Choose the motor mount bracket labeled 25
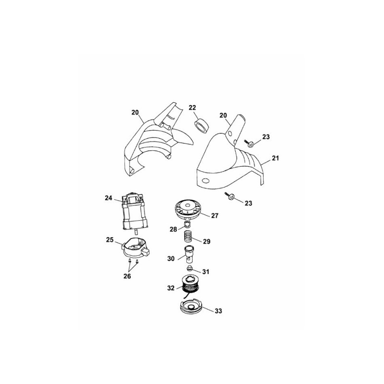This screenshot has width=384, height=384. [136, 249]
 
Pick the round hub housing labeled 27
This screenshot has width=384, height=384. [188, 209]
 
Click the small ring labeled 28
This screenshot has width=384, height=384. [188, 224]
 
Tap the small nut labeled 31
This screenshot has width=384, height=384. [190, 269]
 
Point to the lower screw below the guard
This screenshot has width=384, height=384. [230, 196]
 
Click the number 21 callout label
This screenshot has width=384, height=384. [275, 158]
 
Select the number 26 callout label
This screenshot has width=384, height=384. [127, 276]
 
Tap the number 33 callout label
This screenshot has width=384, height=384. [218, 311]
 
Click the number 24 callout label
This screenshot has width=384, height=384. [108, 198]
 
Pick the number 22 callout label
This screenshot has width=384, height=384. [192, 108]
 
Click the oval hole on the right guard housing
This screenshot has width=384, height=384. [205, 180]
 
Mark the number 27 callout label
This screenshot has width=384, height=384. [215, 216]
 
